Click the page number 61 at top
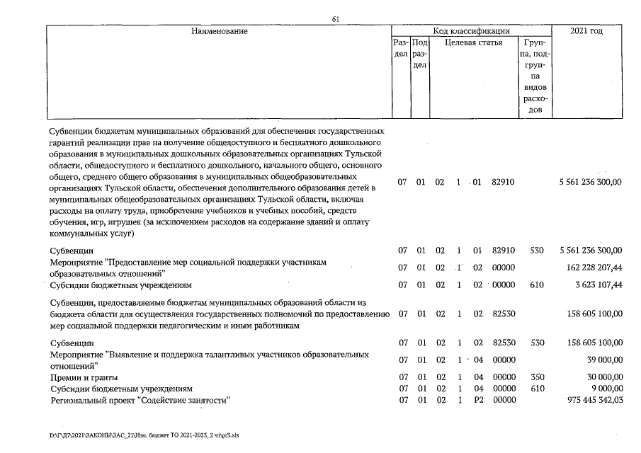pos(336,19)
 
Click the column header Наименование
pos(219,32)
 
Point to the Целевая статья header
pos(474,42)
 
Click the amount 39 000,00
pos(602,360)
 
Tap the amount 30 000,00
pos(602,377)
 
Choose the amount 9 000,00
pos(604,389)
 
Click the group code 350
pos(538,377)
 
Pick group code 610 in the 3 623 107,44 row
pos(538,285)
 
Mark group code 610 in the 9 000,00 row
pos(538,389)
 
